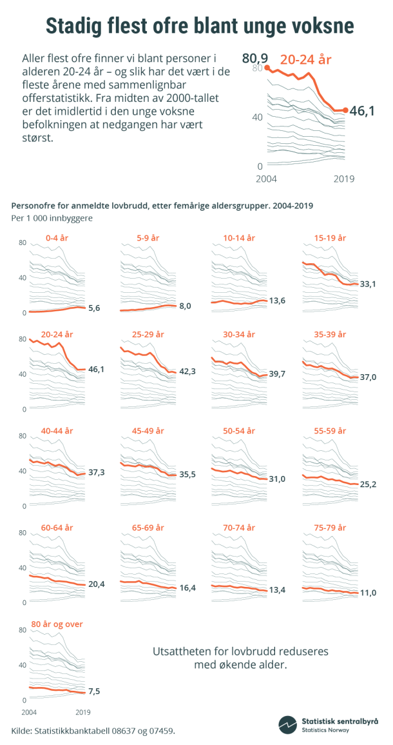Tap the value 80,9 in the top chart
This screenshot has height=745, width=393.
pos(254,59)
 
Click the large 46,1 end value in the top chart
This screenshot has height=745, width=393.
pos(362,112)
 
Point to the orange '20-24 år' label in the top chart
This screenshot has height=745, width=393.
pos(305,60)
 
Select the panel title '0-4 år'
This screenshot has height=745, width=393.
pos(57,238)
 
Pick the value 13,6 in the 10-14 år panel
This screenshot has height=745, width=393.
pos(278,301)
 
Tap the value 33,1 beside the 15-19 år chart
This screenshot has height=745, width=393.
pos(369,284)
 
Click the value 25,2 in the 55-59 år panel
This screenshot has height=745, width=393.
pos(369,483)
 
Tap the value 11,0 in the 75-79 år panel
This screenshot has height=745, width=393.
pos(369,592)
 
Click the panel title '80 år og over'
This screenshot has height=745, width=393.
pos(57,624)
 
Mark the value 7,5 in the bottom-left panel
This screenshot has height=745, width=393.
pos(94,691)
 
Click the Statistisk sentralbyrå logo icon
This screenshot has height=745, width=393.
pos(288,725)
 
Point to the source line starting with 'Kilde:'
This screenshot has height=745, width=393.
pos(93,730)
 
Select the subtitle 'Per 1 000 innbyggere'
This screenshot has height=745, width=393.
pos(52,218)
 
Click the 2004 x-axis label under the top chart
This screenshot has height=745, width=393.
pos(267,179)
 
